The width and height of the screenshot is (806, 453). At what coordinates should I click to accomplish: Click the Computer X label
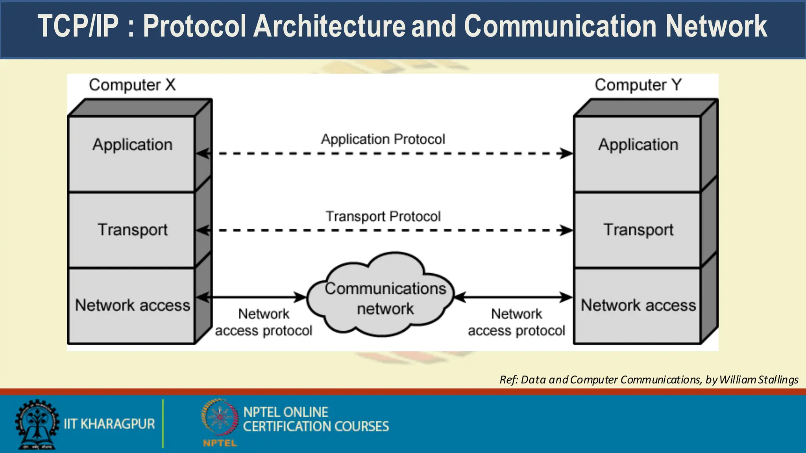(x=132, y=85)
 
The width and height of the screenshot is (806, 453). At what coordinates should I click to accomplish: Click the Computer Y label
(x=638, y=85)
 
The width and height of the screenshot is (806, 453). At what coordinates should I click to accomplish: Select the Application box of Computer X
(x=132, y=153)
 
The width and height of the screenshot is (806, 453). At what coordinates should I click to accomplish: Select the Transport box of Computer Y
(x=638, y=230)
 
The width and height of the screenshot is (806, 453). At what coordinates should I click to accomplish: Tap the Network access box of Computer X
(x=132, y=306)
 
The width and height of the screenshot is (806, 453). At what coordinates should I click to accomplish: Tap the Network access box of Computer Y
(x=638, y=306)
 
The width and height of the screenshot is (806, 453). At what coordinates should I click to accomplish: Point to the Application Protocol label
(x=383, y=139)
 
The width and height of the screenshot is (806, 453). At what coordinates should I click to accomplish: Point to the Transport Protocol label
(x=383, y=216)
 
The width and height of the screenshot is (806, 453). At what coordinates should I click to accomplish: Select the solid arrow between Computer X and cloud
(x=252, y=297)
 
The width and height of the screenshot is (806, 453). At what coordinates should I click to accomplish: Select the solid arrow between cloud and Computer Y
(x=514, y=297)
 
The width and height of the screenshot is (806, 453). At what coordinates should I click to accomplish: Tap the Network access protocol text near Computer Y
(x=516, y=322)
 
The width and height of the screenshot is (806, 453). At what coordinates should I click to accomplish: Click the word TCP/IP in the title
(x=78, y=27)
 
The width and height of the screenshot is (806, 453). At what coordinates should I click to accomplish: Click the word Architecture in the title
(x=329, y=27)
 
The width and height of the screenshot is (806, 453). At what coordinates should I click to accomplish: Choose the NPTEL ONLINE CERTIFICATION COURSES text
(x=316, y=419)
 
